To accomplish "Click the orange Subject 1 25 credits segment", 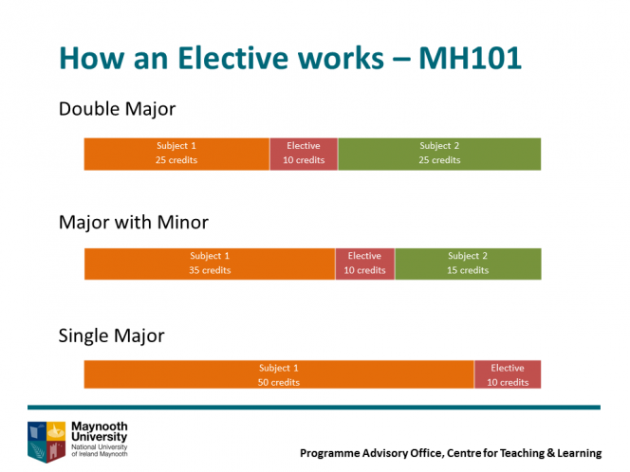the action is coord(176,154).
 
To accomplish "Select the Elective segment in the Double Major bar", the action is coord(304,154).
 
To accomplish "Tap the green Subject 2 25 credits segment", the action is coord(439,154).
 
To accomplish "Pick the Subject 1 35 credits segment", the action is coord(210,263).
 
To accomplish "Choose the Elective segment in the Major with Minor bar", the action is coord(365,263).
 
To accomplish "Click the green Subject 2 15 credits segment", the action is coord(468,263).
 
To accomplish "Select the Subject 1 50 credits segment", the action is coord(279,374).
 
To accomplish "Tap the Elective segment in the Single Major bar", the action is coord(508,374).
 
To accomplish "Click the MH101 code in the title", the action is coord(470,59).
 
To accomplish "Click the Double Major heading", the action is coord(118,109).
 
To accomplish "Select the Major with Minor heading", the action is coord(134,223).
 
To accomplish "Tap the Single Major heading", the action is coord(112,336).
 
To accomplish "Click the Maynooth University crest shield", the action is coord(46,442).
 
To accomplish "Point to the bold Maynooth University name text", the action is coord(100,431).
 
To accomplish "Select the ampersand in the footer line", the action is coord(550,453).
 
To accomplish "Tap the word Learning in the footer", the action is coord(580,453).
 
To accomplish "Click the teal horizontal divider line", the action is coord(314,408).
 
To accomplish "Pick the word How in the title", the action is coord(92,59).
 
